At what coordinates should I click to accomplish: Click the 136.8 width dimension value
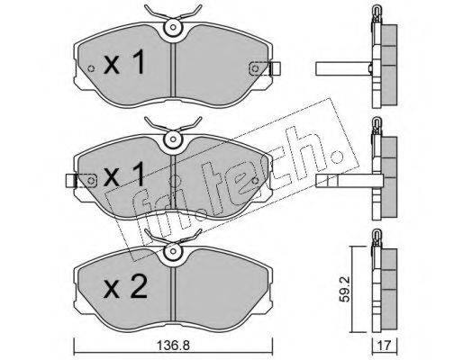(173, 346)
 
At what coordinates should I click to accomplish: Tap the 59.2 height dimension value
(344, 290)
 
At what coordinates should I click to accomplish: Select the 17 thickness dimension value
(385, 346)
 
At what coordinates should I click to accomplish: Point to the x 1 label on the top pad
(124, 62)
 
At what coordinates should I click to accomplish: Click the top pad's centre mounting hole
(173, 27)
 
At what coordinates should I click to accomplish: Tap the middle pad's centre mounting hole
(173, 139)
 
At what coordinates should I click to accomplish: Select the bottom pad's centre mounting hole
(173, 251)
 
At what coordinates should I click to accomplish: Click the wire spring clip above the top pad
(173, 13)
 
